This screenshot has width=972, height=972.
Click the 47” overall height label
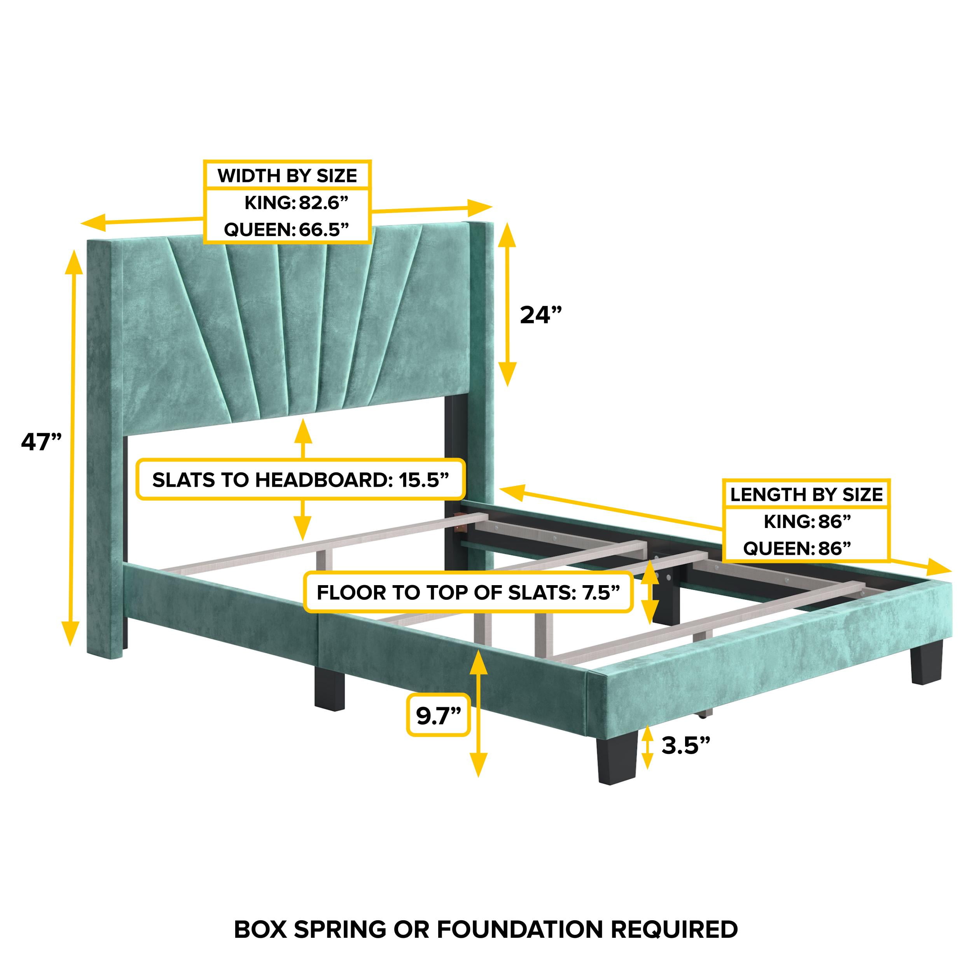coord(41,442)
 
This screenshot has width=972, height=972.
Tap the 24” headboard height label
coord(540,315)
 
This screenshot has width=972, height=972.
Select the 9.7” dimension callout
coord(438,715)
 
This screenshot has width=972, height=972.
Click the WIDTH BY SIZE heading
coord(287,176)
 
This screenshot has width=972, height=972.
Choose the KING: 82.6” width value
coord(296,203)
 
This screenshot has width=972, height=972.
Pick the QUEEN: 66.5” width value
coord(286,229)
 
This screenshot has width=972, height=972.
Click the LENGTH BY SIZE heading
coord(806,495)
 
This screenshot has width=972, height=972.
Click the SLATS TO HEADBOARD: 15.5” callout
coord(301,480)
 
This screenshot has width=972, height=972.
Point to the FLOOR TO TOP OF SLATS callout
coord(468,593)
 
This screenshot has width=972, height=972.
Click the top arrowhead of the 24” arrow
coord(507,233)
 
